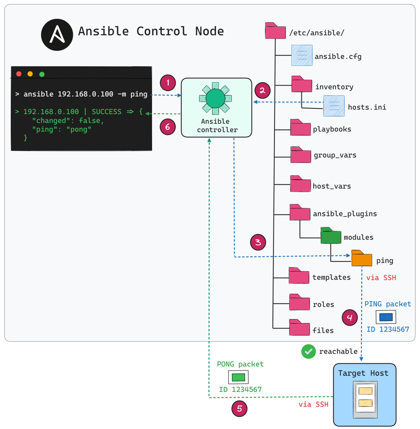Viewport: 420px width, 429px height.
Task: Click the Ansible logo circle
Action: (x=57, y=35)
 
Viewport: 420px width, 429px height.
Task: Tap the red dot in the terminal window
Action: (x=19, y=74)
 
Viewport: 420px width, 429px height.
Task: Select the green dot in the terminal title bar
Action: (x=42, y=74)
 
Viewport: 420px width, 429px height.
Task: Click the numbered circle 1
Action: (x=168, y=83)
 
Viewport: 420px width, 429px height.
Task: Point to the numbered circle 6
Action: (x=168, y=127)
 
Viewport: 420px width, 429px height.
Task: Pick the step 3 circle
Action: (x=258, y=242)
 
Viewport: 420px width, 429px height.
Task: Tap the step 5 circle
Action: (x=240, y=408)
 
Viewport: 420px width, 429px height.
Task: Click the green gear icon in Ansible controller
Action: (x=215, y=98)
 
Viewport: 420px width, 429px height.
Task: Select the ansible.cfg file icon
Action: (x=302, y=55)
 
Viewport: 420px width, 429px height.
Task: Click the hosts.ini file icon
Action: (x=334, y=106)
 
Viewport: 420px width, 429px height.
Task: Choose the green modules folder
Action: (x=331, y=236)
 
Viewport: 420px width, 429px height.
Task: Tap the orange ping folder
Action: (x=361, y=259)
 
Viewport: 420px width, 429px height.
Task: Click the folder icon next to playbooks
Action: (x=300, y=128)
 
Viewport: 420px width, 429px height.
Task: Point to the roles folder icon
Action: (x=299, y=303)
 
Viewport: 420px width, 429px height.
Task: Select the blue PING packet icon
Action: (x=386, y=317)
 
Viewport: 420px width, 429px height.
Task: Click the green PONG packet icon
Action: (x=238, y=377)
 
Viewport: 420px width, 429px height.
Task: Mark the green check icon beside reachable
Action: (x=308, y=352)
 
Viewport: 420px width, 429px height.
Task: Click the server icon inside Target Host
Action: (x=365, y=399)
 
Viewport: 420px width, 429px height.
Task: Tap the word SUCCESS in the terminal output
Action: (x=106, y=112)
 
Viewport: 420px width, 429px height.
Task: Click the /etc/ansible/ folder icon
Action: (x=275, y=31)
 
